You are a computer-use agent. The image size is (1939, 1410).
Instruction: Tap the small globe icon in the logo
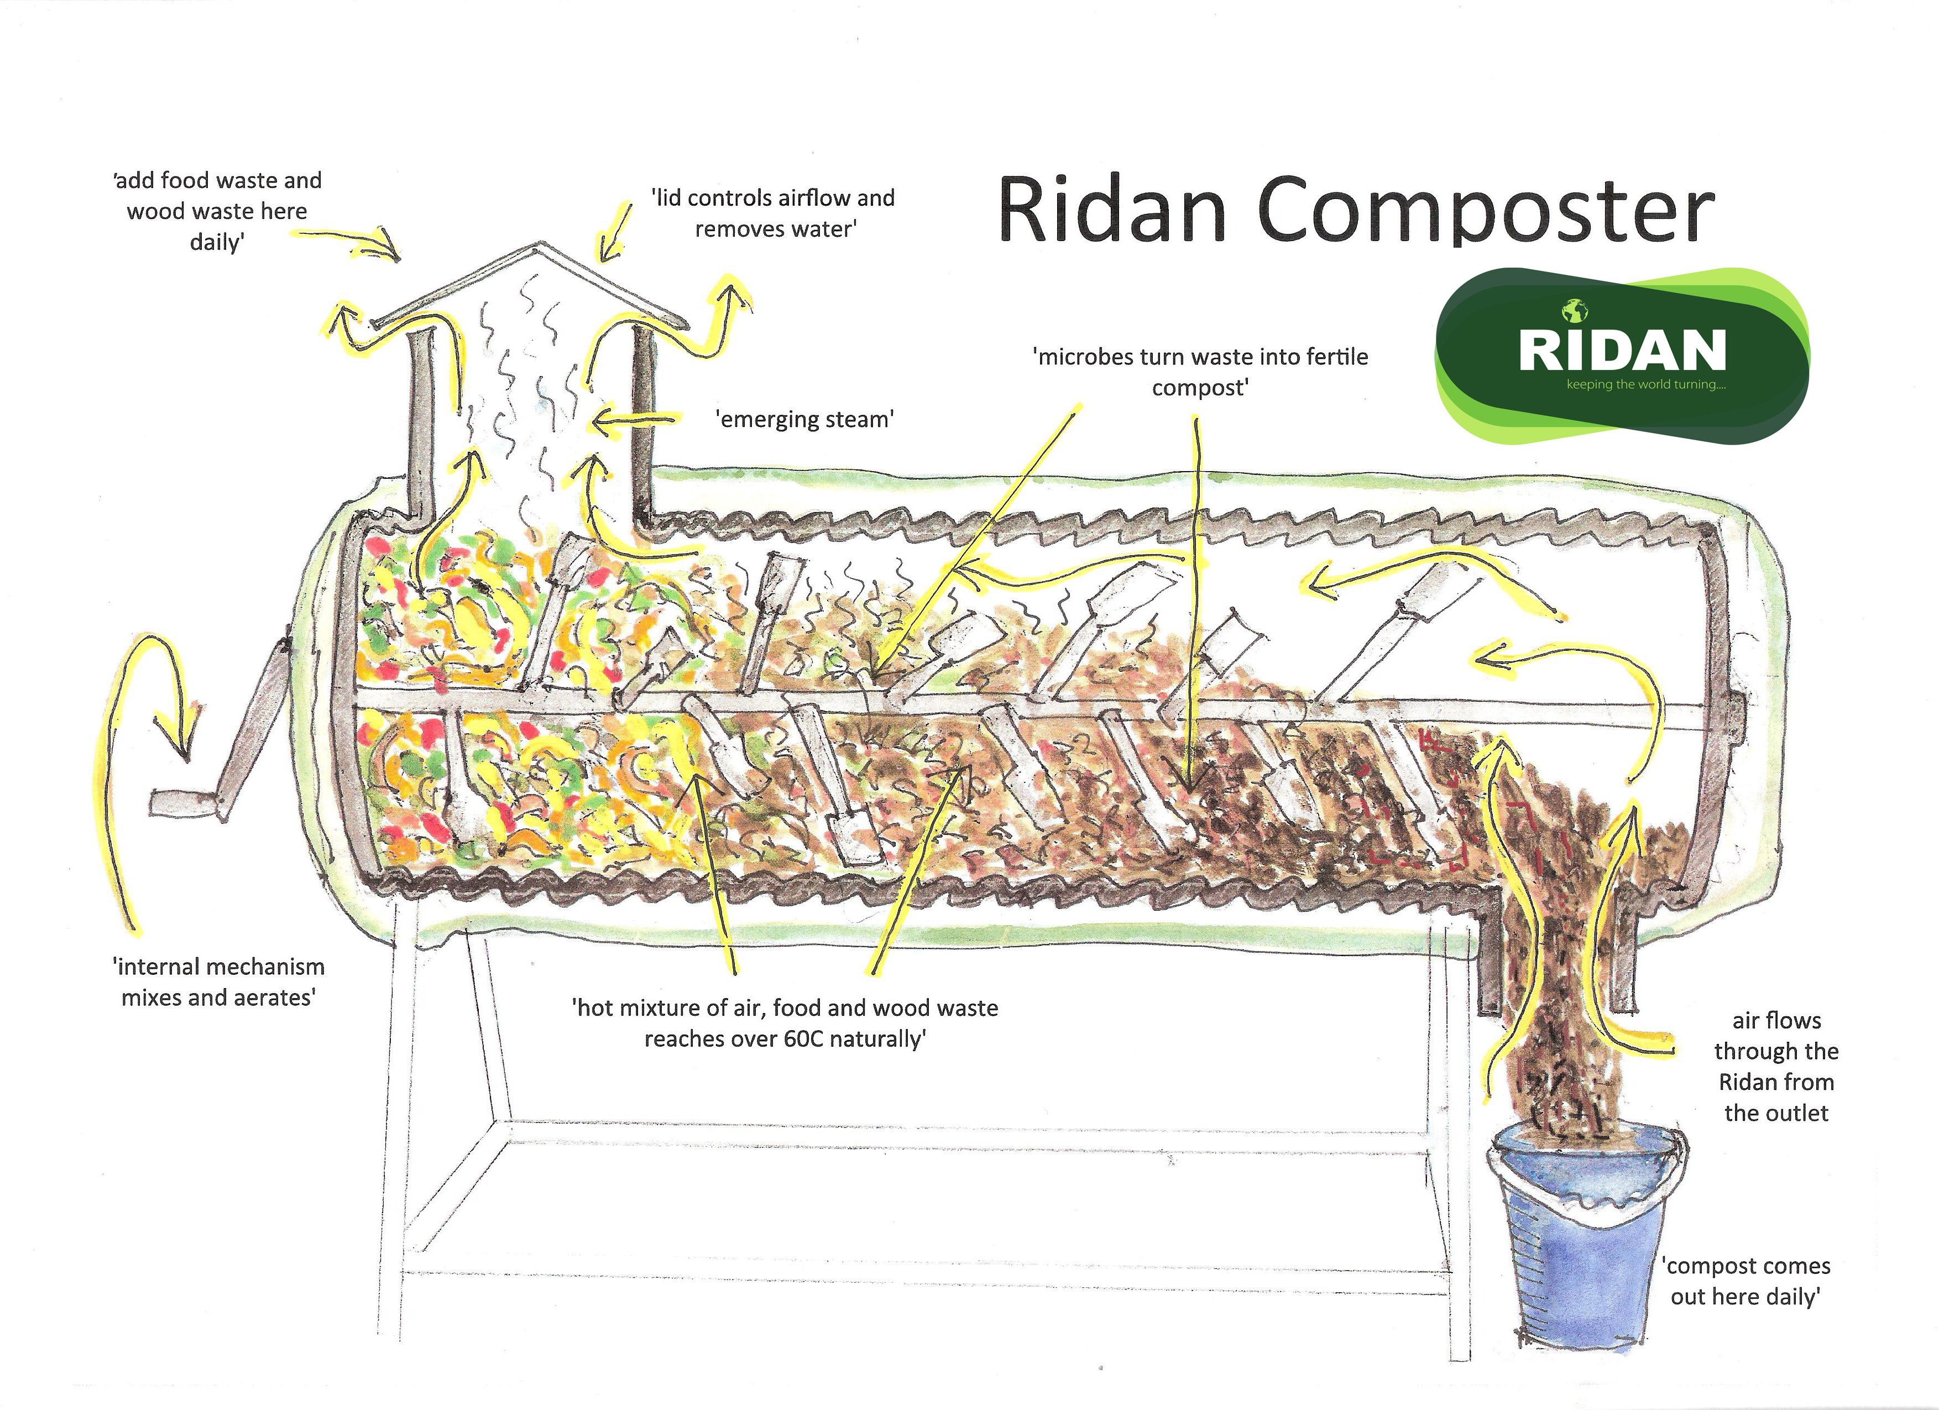coord(1575,310)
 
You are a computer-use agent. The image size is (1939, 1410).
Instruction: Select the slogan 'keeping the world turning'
coord(1646,385)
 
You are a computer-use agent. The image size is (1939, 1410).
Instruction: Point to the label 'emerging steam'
coord(804,419)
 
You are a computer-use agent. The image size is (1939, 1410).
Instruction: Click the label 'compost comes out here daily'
coord(1746,1281)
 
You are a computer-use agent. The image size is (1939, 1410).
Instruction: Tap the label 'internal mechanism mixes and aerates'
coord(219,981)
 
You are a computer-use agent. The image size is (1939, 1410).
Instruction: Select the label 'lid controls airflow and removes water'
coord(773,213)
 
